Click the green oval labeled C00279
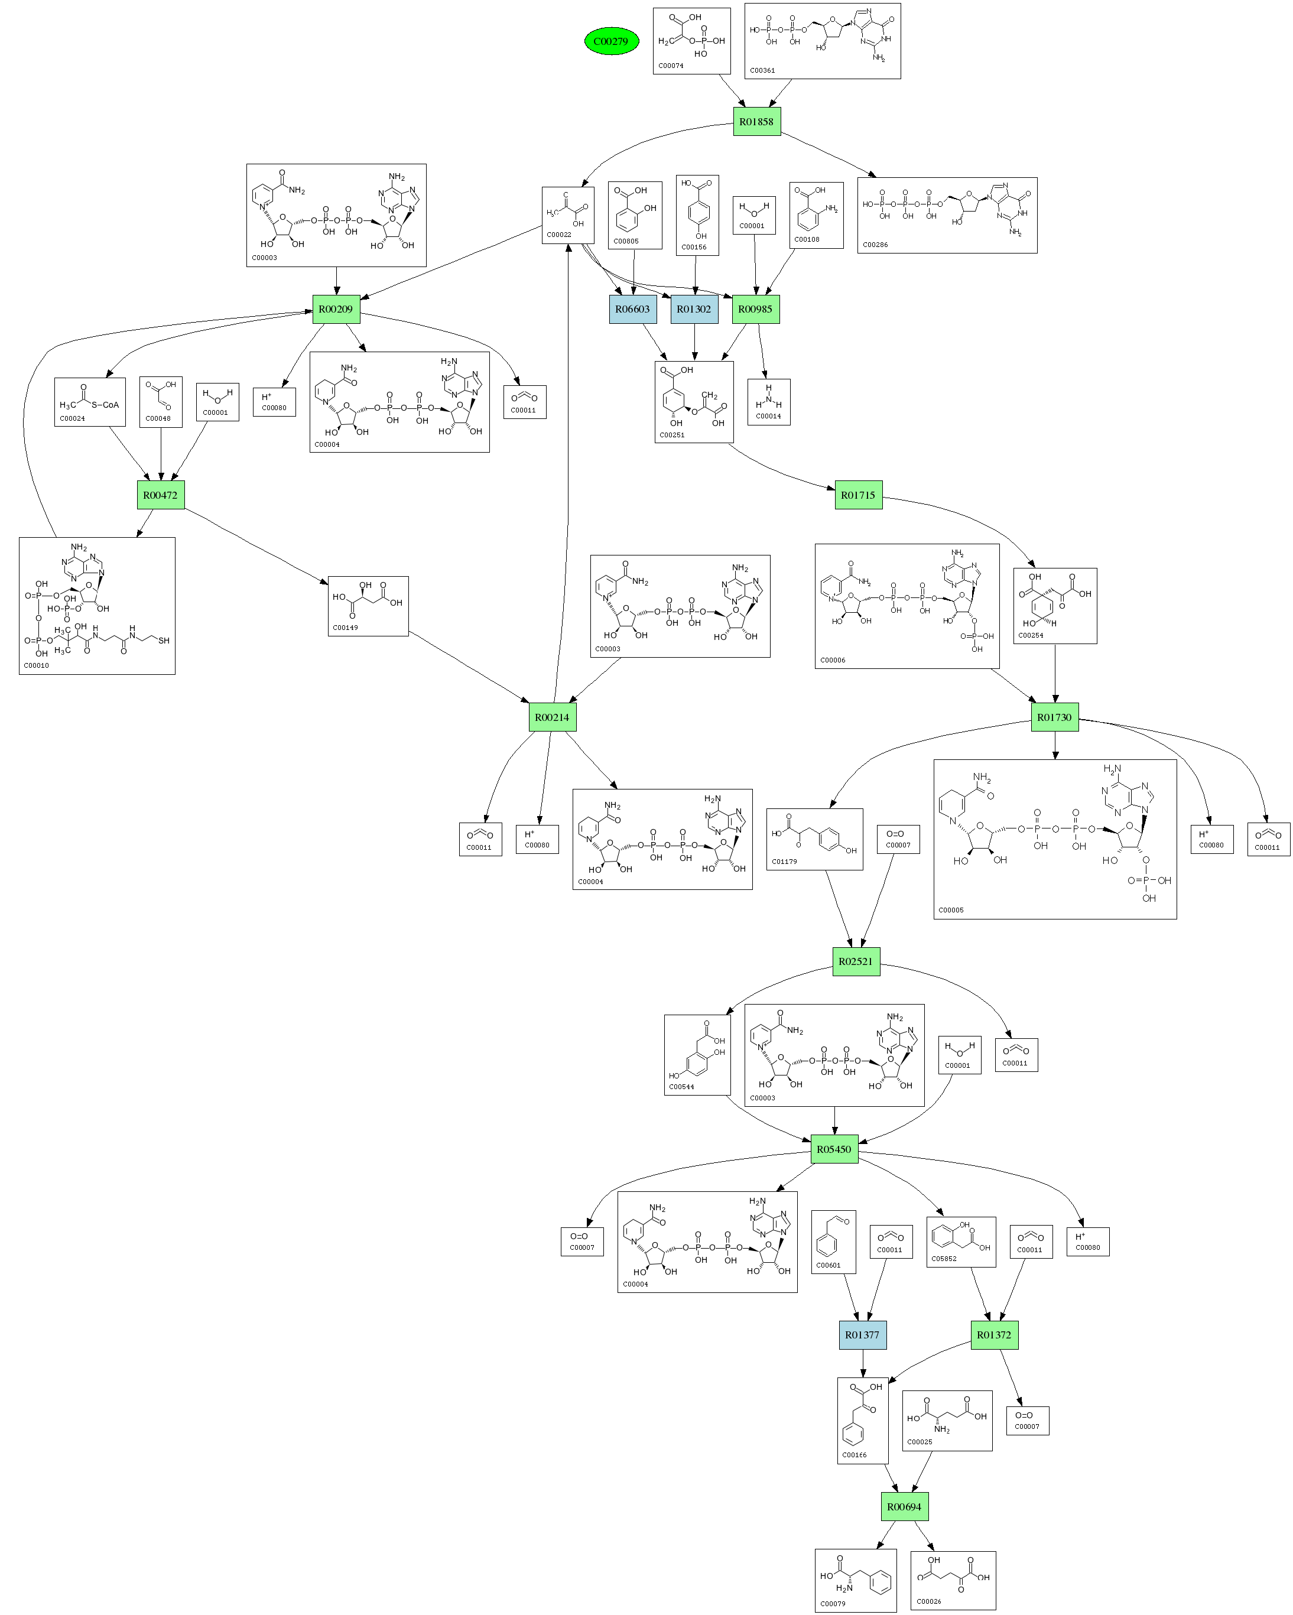click(x=611, y=41)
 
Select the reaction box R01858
click(x=756, y=121)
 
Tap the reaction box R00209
click(x=336, y=308)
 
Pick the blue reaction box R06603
click(x=633, y=308)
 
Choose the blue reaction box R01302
click(x=694, y=308)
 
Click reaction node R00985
click(x=755, y=308)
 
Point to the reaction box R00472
click(x=160, y=495)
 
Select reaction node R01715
click(x=859, y=495)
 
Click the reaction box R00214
click(x=552, y=717)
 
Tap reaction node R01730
click(x=1055, y=717)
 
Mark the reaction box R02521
click(x=856, y=961)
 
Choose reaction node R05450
click(x=834, y=1149)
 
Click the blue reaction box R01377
click(x=863, y=1335)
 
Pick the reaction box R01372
click(x=994, y=1335)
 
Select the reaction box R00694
click(x=904, y=1506)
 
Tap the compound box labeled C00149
click(x=368, y=606)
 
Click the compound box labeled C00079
click(x=856, y=1581)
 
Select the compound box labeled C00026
click(x=953, y=1581)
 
